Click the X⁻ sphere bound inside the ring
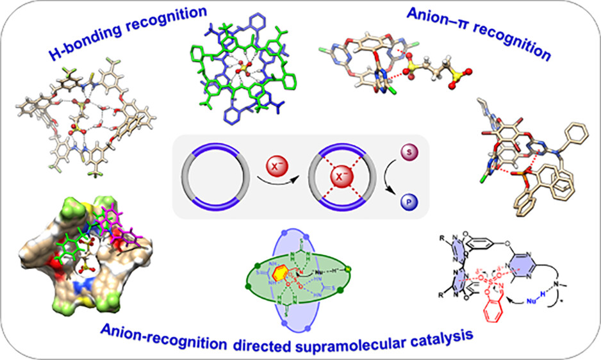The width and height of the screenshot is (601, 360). [341, 175]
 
